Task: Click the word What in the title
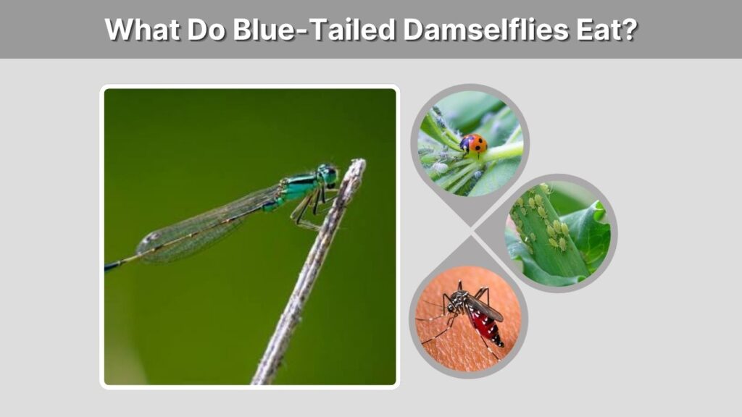pos(141,29)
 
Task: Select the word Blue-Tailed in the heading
pos(313,29)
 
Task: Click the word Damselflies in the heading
pos(485,29)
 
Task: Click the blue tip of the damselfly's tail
pos(112,266)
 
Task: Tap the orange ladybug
pos(474,144)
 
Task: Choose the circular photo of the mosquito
pos(469,319)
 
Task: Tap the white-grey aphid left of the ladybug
pos(440,167)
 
